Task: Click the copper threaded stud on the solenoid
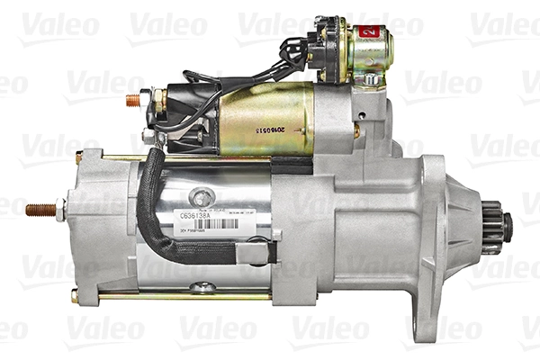(x=133, y=99)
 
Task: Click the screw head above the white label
(x=204, y=196)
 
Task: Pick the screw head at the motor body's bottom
(x=203, y=288)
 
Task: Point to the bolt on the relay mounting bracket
(x=369, y=79)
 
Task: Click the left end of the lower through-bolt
(x=76, y=295)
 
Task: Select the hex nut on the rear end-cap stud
(x=59, y=211)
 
